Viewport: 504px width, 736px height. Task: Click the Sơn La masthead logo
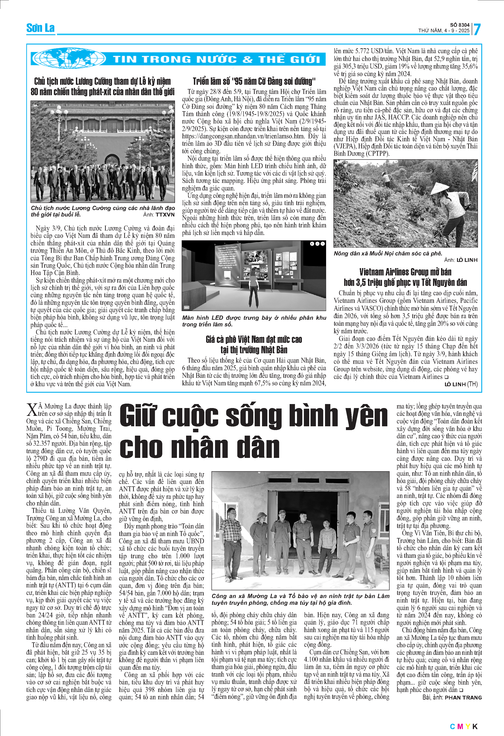pos(40,28)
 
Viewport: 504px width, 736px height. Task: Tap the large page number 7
pos(477,29)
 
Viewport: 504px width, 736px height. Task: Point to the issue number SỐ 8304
pos(460,25)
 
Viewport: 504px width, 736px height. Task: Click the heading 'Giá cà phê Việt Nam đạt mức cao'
pos(254,340)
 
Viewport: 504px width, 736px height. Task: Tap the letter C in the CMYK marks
pos(453,726)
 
